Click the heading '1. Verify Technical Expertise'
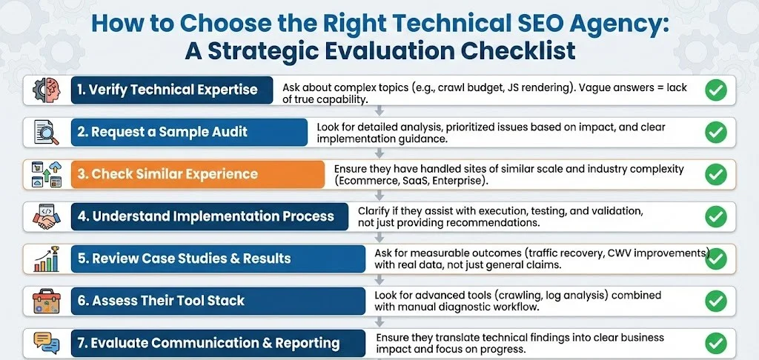168,90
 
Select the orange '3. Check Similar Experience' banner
168,174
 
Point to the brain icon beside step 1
46,90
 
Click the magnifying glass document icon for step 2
46,132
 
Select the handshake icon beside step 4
46,216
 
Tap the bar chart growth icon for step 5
46,259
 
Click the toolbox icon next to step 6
46,301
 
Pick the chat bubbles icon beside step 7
46,341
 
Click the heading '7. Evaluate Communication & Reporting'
208,343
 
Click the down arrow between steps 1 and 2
379,110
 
